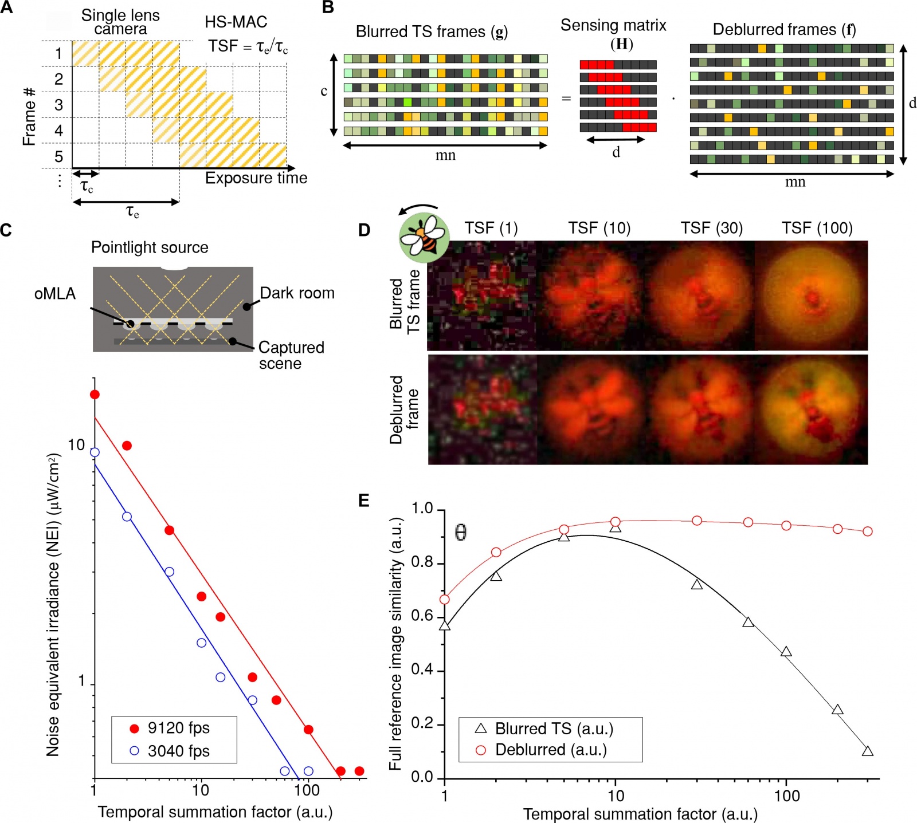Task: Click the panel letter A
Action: (x=6, y=7)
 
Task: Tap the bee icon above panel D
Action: (x=424, y=237)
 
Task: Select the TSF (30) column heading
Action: (x=711, y=229)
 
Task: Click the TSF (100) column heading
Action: (x=817, y=229)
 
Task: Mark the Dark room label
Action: (x=297, y=293)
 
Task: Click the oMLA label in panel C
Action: (x=55, y=294)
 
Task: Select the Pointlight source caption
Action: (x=150, y=247)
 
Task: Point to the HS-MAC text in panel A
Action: (x=236, y=22)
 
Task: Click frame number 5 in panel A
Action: (x=58, y=156)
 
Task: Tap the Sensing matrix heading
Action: (x=613, y=26)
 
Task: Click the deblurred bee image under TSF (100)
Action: (x=812, y=409)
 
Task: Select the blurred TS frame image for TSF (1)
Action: (x=482, y=296)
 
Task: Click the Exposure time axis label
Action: (x=256, y=178)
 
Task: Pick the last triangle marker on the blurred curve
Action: (x=868, y=751)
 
